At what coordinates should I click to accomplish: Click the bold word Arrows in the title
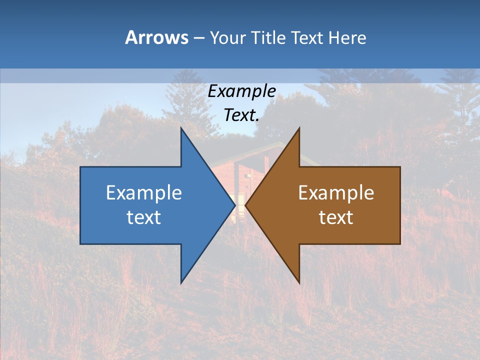(x=156, y=37)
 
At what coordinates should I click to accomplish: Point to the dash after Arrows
(x=198, y=38)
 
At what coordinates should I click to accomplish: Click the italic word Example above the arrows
(x=242, y=91)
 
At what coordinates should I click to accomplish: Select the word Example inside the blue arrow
(x=144, y=193)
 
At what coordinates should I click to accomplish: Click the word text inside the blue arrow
(x=144, y=217)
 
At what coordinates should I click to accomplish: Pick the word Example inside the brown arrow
(x=336, y=193)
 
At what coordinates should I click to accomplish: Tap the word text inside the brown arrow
(x=336, y=217)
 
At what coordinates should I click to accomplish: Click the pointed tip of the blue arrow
(x=234, y=205)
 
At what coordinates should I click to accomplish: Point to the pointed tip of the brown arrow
(x=246, y=205)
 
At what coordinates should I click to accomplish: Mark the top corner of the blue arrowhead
(x=181, y=128)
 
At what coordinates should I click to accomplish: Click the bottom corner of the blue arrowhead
(x=181, y=282)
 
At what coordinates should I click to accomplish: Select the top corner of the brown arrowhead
(x=299, y=128)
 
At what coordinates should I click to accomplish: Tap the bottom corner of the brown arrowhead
(x=299, y=282)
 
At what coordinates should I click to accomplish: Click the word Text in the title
(x=307, y=37)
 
